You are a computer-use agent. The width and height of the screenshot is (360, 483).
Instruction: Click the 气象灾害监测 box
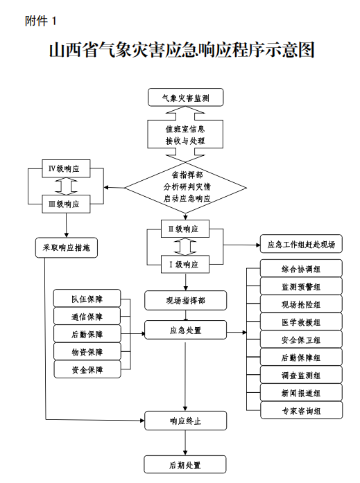(185, 97)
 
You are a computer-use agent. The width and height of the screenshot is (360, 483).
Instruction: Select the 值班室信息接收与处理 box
(185, 134)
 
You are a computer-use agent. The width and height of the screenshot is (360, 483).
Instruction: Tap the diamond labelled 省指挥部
(185, 187)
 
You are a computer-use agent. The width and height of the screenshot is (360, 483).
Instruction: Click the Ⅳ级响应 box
(66, 168)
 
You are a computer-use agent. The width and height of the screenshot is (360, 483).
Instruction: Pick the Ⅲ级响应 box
(66, 204)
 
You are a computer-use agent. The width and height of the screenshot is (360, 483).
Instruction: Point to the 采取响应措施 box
(67, 247)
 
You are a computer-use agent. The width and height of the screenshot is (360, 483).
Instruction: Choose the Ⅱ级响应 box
(185, 229)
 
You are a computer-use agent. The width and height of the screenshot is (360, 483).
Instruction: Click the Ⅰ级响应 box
(185, 264)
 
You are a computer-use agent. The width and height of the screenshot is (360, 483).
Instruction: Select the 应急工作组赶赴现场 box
(301, 244)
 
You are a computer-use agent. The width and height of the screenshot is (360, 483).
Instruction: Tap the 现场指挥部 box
(185, 300)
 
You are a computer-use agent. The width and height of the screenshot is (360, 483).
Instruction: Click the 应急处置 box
(185, 330)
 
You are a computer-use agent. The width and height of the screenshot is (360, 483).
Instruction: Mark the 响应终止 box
(185, 421)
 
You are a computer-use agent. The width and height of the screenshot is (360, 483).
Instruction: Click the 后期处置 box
(185, 464)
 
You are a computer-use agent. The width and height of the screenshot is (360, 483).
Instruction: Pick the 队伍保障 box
(87, 298)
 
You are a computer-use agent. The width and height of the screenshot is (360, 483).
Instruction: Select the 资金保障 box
(87, 369)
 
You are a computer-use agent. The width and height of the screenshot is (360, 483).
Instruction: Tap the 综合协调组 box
(301, 268)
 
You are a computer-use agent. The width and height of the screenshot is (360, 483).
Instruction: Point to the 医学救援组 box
(301, 322)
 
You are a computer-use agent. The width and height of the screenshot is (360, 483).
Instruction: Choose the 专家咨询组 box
(302, 410)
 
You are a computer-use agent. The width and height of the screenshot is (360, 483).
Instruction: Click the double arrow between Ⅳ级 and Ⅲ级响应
(66, 186)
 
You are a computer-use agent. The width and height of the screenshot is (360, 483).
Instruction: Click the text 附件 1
(40, 21)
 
